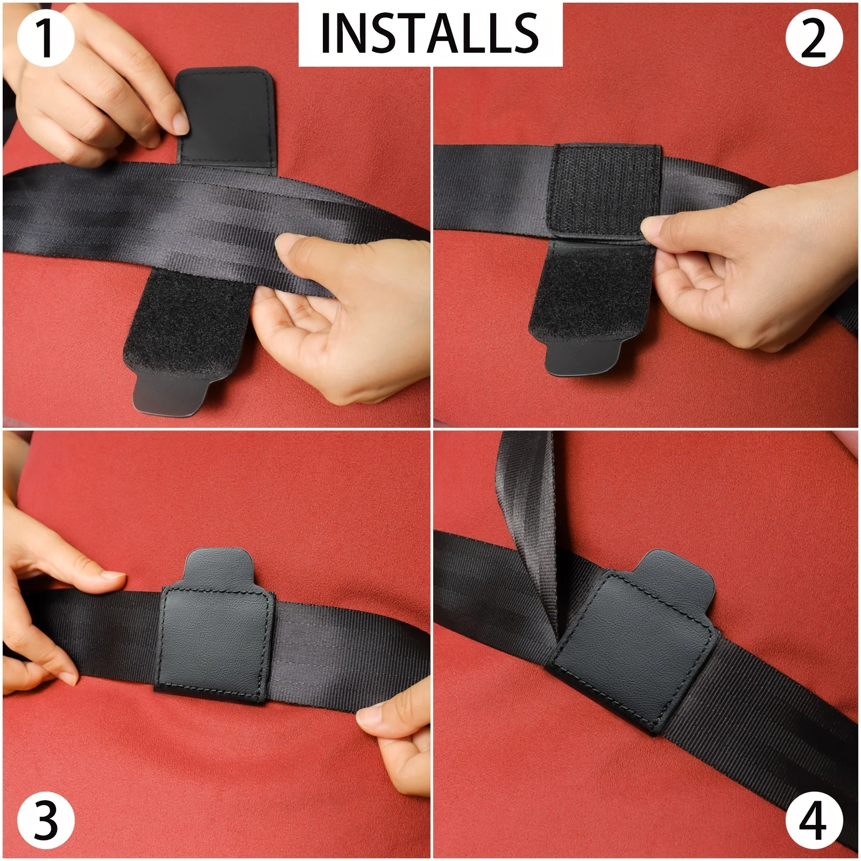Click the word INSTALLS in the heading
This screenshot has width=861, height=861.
tap(429, 33)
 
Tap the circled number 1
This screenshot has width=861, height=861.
tap(45, 38)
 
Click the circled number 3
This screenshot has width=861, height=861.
tap(45, 822)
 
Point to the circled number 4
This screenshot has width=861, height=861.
tap(814, 822)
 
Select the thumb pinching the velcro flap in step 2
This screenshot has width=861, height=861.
tap(667, 226)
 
